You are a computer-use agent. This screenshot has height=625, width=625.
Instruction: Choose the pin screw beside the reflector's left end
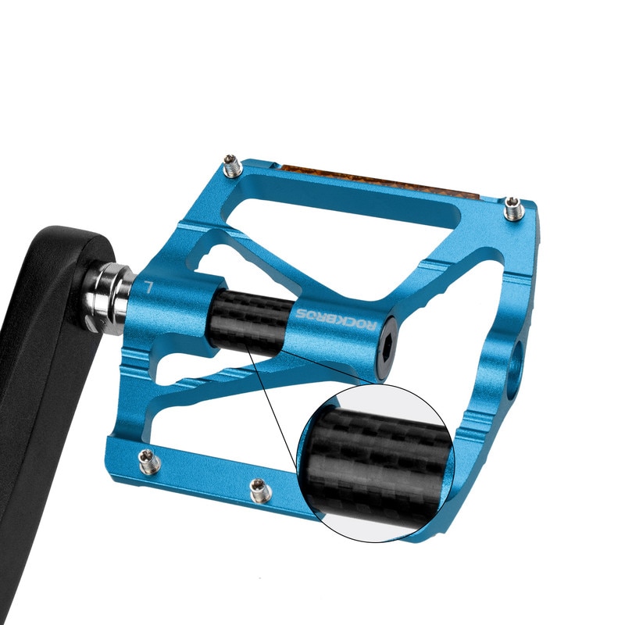(231, 165)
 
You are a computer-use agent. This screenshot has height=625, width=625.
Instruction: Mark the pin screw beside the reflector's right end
(512, 209)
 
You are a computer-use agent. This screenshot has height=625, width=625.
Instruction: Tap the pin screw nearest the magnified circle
(259, 491)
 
